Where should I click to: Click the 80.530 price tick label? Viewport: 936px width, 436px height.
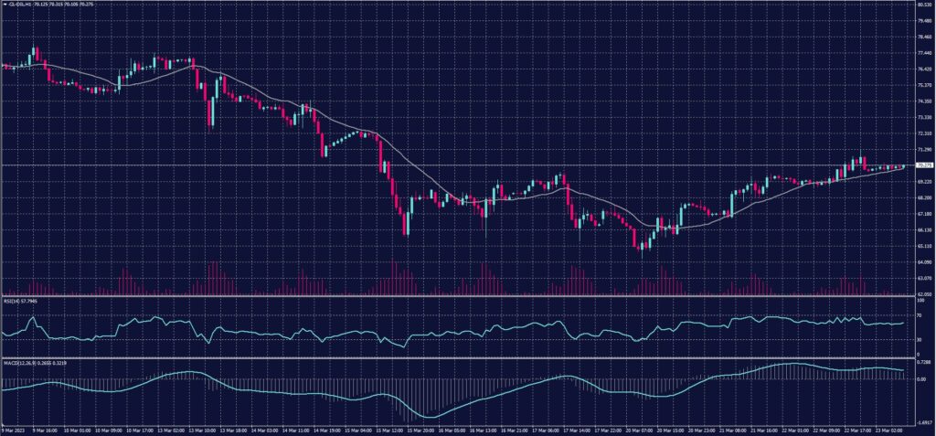point(923,5)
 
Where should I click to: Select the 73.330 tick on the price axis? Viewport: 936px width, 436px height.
point(923,117)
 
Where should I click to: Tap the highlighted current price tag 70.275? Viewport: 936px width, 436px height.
point(923,165)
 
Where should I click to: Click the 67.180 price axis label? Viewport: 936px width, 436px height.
point(923,214)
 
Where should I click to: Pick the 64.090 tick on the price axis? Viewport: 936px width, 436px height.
point(923,262)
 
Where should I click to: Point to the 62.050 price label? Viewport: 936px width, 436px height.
point(923,294)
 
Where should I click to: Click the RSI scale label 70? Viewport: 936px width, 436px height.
point(918,315)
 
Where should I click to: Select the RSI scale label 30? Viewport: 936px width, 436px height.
point(918,339)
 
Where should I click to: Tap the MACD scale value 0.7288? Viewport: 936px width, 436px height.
point(923,364)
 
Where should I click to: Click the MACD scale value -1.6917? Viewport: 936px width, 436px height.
point(923,423)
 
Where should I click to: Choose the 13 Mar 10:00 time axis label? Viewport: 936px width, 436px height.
point(209,430)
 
